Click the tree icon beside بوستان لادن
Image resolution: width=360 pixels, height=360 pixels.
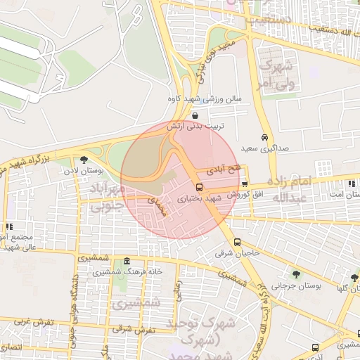[x=84, y=160]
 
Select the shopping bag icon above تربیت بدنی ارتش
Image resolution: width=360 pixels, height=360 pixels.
[x=194, y=115]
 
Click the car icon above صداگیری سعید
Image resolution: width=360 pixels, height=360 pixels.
[x=263, y=137]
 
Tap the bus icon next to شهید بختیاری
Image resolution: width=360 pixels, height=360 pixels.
[x=199, y=187]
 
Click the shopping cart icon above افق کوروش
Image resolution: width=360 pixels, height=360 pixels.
[x=245, y=183]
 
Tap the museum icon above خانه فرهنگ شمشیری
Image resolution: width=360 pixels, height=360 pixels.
[x=126, y=262]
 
